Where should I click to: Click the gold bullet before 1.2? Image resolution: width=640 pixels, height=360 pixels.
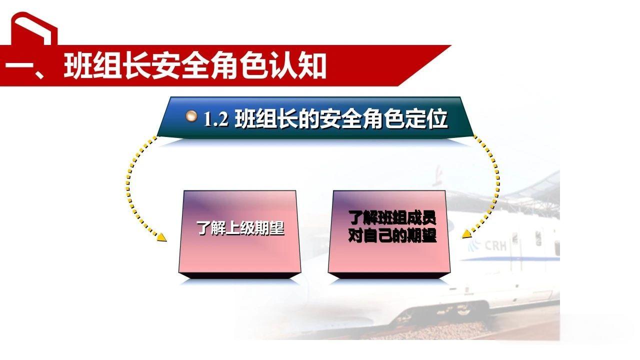coord(191,116)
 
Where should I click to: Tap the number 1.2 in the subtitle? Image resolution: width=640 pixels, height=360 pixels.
coord(215,120)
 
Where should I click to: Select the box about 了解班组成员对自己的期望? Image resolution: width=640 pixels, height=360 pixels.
coord(389,232)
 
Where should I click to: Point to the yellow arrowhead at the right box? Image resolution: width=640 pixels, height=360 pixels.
coord(466,233)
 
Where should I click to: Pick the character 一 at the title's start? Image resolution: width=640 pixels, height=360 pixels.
coord(20,67)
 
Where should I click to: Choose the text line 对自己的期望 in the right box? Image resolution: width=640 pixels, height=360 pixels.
coord(392,235)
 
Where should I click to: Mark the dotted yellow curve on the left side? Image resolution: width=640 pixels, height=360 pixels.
coord(128,185)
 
